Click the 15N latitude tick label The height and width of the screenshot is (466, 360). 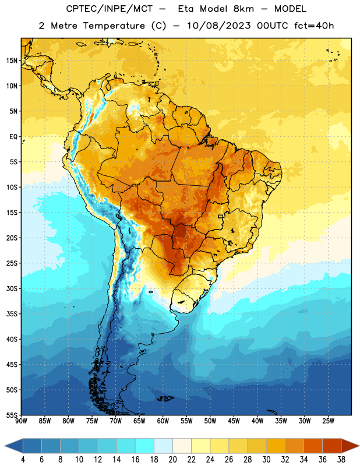coord(12,61)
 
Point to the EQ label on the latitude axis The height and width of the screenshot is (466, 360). coord(13,137)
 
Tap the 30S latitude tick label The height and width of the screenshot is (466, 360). coord(12,288)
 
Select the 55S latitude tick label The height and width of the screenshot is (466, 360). coord(12,415)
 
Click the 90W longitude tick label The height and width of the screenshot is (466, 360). coord(21,421)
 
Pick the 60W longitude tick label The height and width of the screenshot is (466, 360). coord(163,421)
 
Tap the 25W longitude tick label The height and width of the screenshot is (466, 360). coord(328,421)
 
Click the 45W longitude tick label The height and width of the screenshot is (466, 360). coord(234,421)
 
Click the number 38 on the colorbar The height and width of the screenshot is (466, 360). coord(341,460)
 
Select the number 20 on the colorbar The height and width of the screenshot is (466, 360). coord(172,460)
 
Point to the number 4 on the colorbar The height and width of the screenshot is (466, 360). coord(23,460)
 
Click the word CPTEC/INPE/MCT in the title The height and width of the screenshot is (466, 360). coord(109,9)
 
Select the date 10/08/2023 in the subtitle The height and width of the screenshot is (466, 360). coord(218,26)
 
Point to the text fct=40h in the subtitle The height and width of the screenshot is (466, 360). coord(314,26)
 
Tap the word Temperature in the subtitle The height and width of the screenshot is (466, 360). coord(114,26)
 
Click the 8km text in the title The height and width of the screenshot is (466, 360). coord(243,9)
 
